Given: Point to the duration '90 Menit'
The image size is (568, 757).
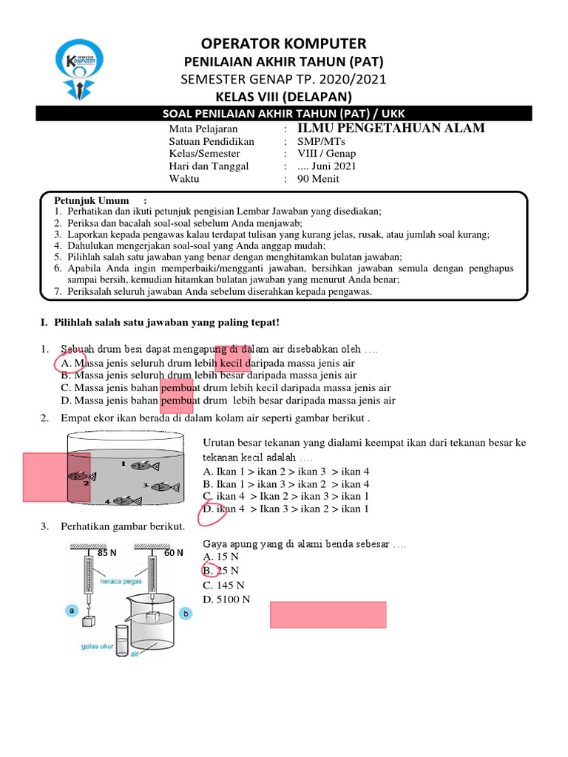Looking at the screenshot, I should tap(320, 179).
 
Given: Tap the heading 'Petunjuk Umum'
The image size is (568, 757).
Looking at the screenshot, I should tap(91, 200).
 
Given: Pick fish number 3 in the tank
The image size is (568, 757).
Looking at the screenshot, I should tap(159, 486).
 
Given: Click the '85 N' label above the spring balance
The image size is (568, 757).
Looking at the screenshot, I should tap(107, 552).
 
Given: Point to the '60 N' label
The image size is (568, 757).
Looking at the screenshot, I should tap(174, 552).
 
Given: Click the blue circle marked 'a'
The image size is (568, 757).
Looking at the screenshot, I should tap(72, 611).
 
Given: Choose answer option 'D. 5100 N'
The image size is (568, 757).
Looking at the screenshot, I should tap(226, 599).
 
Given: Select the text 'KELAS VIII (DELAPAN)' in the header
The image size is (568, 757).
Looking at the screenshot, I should tap(284, 97).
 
